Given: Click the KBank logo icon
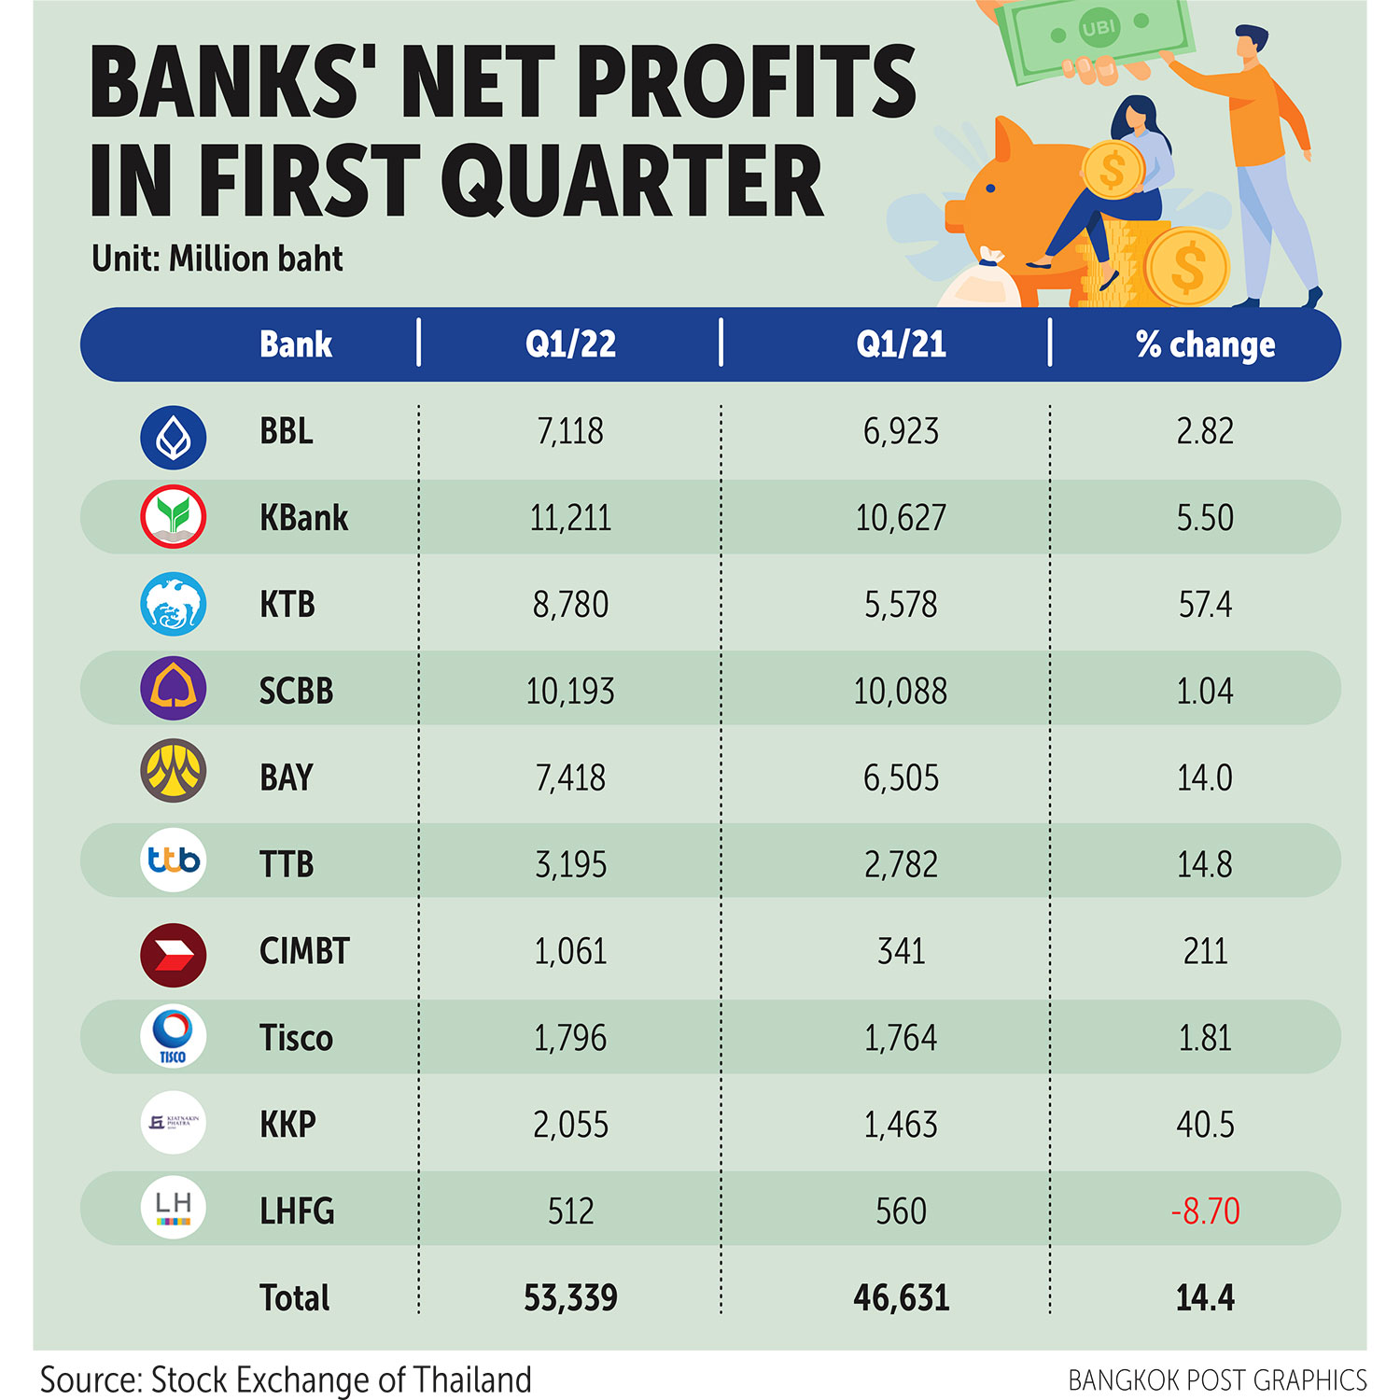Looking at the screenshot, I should pyautogui.click(x=173, y=516).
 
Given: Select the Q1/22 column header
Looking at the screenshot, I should pyautogui.click(x=570, y=344).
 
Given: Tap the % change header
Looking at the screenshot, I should pyautogui.click(x=1205, y=344).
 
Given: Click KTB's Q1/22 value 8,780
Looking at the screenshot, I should pyautogui.click(x=570, y=605).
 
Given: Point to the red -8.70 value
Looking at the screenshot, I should pyautogui.click(x=1205, y=1211).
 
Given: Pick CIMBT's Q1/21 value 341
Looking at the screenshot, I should pyautogui.click(x=901, y=951).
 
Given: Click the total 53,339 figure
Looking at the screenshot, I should pyautogui.click(x=570, y=1298).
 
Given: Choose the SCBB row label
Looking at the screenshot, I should pyautogui.click(x=296, y=692).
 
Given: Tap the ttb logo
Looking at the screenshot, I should pyautogui.click(x=173, y=860).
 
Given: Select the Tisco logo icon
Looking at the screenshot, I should pyautogui.click(x=173, y=1036).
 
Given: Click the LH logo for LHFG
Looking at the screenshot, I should pyautogui.click(x=173, y=1208).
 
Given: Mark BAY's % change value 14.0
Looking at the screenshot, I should pyautogui.click(x=1205, y=778).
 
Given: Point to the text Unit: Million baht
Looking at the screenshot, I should pyautogui.click(x=217, y=259).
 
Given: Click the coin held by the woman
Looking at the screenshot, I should pyautogui.click(x=1112, y=170).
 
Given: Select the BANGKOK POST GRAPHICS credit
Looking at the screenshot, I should pyautogui.click(x=1217, y=1380).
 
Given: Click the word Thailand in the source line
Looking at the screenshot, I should pyautogui.click(x=472, y=1379).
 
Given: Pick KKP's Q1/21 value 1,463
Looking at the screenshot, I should pyautogui.click(x=901, y=1125).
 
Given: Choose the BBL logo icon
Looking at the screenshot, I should pyautogui.click(x=173, y=437).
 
